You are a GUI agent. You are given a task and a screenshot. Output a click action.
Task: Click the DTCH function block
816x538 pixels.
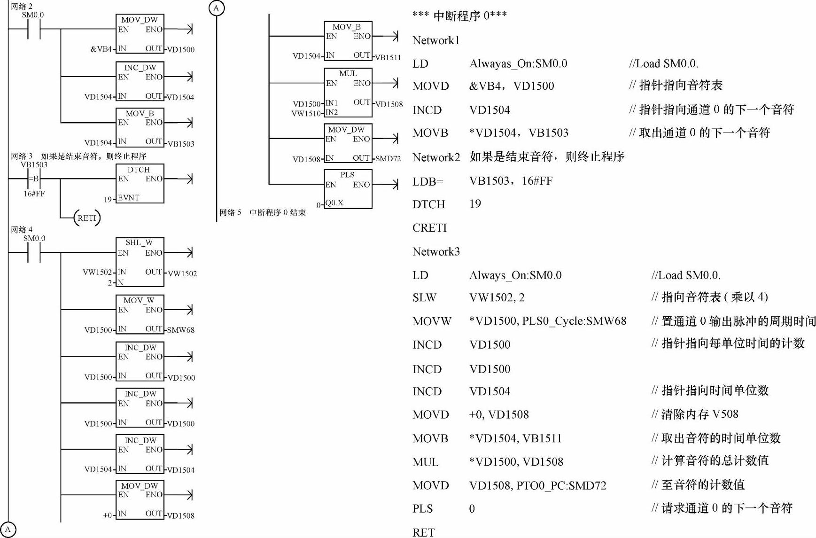pyautogui.click(x=140, y=183)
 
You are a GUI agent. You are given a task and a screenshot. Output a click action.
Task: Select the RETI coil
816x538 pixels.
pyautogui.click(x=87, y=218)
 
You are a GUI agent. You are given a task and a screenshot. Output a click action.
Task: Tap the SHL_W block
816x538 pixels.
pyautogui.click(x=140, y=262)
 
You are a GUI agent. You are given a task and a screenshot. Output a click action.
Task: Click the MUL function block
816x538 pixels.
pyautogui.click(x=348, y=93)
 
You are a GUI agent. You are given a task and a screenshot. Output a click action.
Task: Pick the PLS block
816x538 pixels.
pyautogui.click(x=348, y=189)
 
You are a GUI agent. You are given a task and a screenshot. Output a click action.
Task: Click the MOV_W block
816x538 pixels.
pyautogui.click(x=140, y=314)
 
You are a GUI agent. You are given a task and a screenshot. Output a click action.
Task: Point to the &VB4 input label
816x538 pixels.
pyautogui.click(x=101, y=49)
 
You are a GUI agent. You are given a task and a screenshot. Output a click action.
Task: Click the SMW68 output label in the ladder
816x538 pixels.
pyautogui.click(x=181, y=330)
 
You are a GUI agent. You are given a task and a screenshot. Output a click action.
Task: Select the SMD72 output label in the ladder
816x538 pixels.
pyautogui.click(x=388, y=159)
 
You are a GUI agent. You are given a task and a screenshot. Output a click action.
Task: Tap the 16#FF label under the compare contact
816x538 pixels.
pyautogui.click(x=34, y=194)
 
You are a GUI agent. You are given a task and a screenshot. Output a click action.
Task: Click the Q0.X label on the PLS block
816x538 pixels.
pyautogui.click(x=334, y=203)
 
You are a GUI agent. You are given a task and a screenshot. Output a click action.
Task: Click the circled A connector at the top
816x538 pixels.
pyautogui.click(x=216, y=8)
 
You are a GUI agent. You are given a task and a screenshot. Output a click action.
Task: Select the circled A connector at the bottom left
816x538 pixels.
pyautogui.click(x=8, y=530)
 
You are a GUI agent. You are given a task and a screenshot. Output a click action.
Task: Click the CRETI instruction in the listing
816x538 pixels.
pyautogui.click(x=429, y=228)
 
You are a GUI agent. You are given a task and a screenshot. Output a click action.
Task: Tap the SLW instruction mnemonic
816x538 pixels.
pyautogui.click(x=424, y=297)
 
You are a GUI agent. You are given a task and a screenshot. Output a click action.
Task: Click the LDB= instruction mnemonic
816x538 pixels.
pyautogui.click(x=427, y=181)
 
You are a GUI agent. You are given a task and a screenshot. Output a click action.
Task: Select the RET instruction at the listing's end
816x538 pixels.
pyautogui.click(x=423, y=532)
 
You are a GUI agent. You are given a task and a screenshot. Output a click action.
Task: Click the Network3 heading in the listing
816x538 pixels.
pyautogui.click(x=436, y=252)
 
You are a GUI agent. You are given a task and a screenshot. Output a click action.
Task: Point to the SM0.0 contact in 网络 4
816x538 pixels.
pyautogui.click(x=34, y=253)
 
